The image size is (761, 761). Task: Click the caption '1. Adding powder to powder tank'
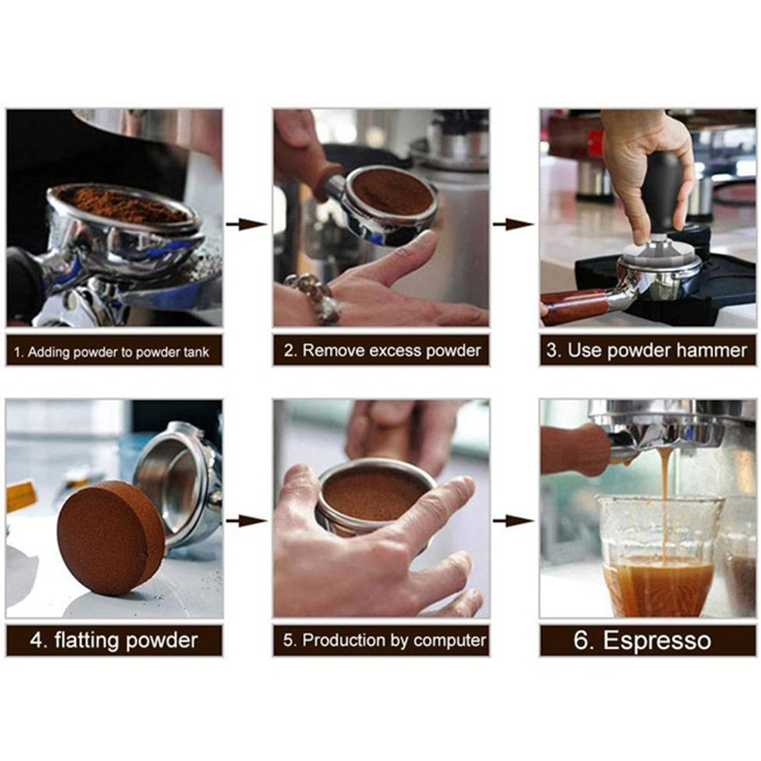[112, 352]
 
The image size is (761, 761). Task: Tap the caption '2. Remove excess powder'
[383, 350]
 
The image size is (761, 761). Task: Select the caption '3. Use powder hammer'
[646, 350]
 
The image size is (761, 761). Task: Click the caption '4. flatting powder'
[113, 640]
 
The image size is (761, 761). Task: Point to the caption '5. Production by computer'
[384, 640]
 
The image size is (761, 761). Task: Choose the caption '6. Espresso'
[642, 640]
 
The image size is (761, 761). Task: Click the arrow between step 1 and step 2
[247, 224]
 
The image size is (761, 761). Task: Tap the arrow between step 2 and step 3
[514, 224]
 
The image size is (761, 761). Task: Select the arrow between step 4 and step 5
[247, 521]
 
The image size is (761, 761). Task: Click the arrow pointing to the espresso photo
[514, 521]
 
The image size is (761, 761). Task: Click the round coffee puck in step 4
[110, 538]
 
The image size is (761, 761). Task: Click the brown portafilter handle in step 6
[575, 450]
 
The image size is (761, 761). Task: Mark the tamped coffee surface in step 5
[373, 496]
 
